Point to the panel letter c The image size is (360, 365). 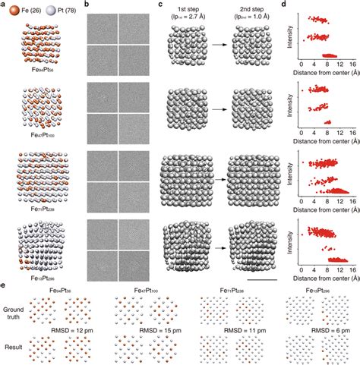159,5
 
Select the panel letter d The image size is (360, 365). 283,5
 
